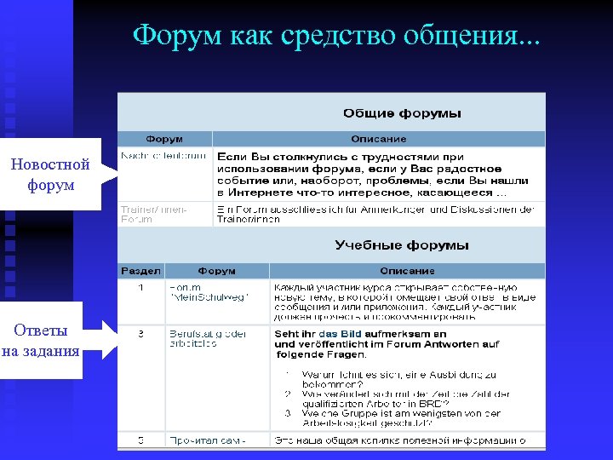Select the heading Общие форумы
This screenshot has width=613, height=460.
click(402, 113)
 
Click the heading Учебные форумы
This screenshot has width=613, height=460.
click(402, 245)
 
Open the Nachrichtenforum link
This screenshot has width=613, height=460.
click(163, 156)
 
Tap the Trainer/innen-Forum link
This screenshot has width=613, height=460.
click(154, 213)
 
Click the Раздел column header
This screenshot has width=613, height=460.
click(140, 271)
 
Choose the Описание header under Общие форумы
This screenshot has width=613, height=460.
click(379, 139)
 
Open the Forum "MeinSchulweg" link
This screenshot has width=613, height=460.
click(197, 292)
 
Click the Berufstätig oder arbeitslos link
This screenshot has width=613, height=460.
click(208, 338)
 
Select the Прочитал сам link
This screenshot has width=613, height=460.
click(208, 440)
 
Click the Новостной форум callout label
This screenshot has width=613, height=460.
click(50, 174)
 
